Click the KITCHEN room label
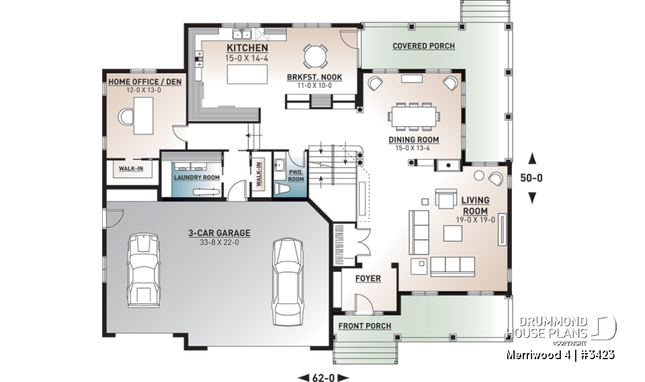click(247, 48)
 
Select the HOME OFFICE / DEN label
click(144, 82)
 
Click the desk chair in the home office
click(126, 117)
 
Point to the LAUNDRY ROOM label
click(197, 178)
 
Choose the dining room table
click(414, 116)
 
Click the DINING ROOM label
click(413, 140)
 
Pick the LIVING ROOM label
click(475, 205)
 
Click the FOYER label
click(367, 278)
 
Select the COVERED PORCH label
click(423, 46)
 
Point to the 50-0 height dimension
click(531, 178)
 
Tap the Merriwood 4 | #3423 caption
click(560, 354)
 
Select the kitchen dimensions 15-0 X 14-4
click(247, 59)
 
